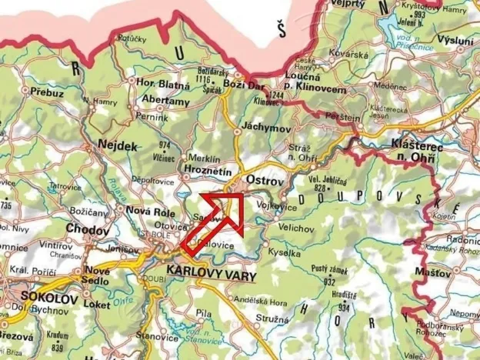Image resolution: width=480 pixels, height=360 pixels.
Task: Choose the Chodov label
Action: point(81,228)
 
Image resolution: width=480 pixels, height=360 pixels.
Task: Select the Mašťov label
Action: point(438,273)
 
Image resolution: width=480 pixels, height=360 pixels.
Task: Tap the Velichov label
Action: point(296,228)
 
